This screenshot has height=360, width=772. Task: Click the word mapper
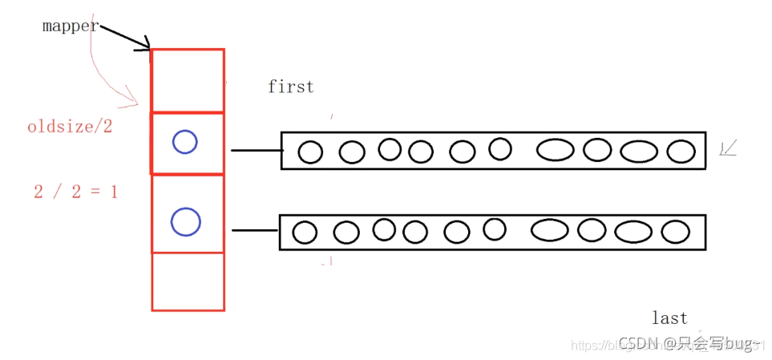click(70, 26)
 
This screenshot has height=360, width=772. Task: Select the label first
click(290, 87)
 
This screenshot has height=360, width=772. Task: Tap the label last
click(669, 318)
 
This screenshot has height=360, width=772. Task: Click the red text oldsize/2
click(70, 127)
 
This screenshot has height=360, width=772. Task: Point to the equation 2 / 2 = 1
click(75, 192)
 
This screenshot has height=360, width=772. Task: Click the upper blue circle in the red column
click(184, 143)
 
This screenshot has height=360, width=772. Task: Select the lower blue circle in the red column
click(185, 221)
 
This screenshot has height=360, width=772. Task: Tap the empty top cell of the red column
click(188, 81)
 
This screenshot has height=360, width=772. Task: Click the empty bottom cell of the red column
click(188, 281)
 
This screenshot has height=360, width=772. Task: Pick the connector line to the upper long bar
click(256, 150)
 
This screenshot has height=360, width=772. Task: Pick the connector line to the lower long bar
click(255, 231)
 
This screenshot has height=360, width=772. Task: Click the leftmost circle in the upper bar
click(310, 152)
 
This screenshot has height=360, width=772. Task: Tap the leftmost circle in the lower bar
click(305, 233)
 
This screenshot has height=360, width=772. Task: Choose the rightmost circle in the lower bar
click(675, 232)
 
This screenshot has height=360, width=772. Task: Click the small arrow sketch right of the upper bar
click(729, 148)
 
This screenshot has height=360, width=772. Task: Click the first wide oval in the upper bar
click(555, 149)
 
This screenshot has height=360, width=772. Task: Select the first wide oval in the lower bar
click(550, 230)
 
